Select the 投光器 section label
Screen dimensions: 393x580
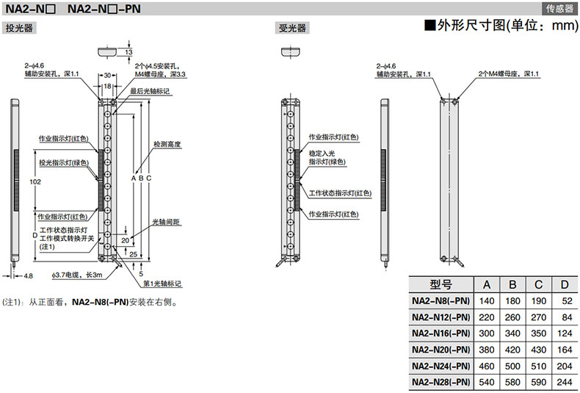click(x=19, y=29)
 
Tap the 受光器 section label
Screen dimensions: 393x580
click(x=291, y=29)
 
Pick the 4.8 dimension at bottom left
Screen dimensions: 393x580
click(x=28, y=275)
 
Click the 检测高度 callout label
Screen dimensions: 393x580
click(x=167, y=144)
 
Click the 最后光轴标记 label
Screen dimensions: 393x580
click(x=150, y=91)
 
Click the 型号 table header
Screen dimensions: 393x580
click(x=441, y=285)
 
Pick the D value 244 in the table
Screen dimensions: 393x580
click(x=565, y=381)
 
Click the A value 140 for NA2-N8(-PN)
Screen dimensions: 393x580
click(x=486, y=300)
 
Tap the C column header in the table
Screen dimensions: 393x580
click(x=538, y=285)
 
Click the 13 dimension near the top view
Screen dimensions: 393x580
click(x=129, y=52)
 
